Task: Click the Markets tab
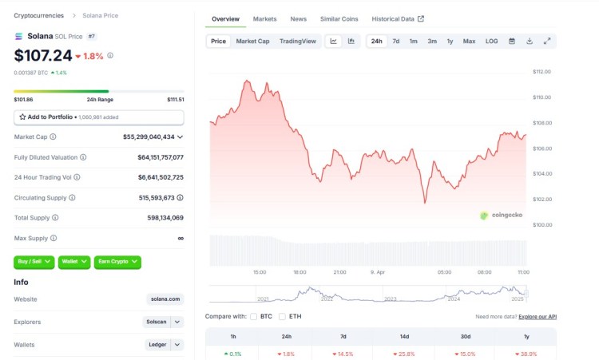(x=264, y=18)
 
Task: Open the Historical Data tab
(x=397, y=18)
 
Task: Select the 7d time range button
(x=395, y=41)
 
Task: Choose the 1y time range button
(x=450, y=41)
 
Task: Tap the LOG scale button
(x=491, y=41)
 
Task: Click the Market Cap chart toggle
(x=252, y=41)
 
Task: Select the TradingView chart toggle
(x=297, y=41)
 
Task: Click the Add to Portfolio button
(x=98, y=117)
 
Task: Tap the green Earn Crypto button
(x=117, y=261)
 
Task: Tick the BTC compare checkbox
(x=254, y=316)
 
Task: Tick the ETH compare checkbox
(x=282, y=316)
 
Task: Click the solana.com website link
(x=165, y=299)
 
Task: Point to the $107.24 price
(x=42, y=56)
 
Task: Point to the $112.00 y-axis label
(x=542, y=72)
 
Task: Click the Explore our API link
(x=538, y=317)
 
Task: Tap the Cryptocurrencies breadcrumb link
(x=38, y=15)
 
